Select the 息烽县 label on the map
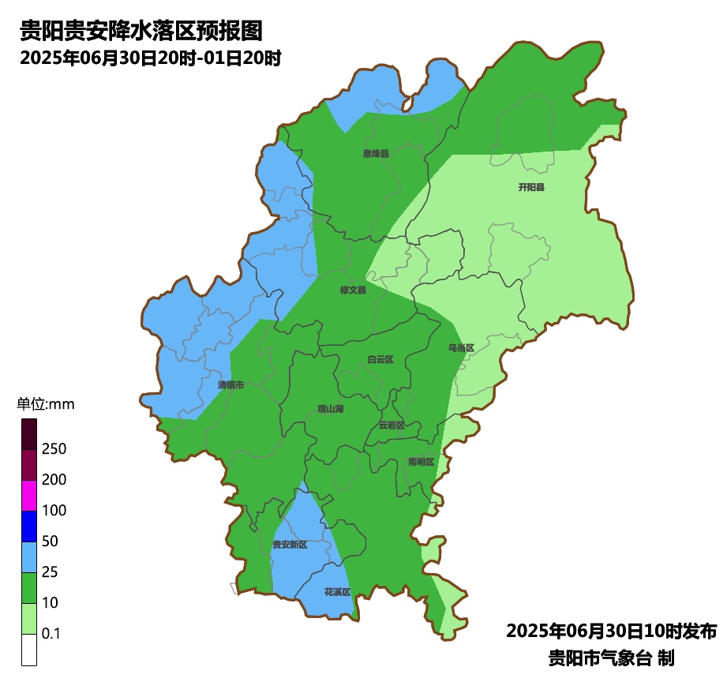tap(376, 154)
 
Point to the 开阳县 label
tap(531, 187)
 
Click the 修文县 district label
tap(353, 290)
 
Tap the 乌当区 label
tap(461, 348)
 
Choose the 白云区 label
tap(380, 359)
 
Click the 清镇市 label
tap(230, 385)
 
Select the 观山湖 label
tap(331, 409)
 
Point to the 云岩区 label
tap(392, 425)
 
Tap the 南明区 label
tap(422, 462)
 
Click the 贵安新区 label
tap(290, 545)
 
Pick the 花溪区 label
tap(337, 591)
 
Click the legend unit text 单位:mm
tap(46, 405)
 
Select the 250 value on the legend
tap(54, 449)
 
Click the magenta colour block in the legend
tap(29, 495)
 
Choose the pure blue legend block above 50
tap(29, 526)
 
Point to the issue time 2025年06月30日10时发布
tap(611, 631)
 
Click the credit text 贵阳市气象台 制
tap(610, 658)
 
